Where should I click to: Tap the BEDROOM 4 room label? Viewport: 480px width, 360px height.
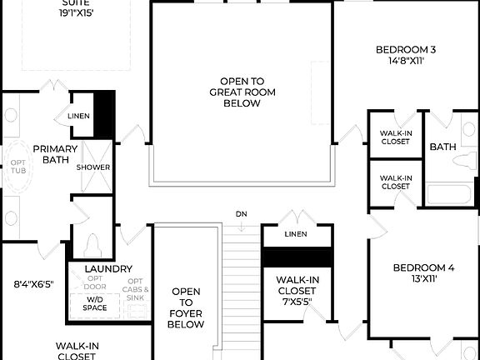tap(423, 267)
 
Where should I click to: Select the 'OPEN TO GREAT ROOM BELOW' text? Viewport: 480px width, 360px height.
tap(241, 92)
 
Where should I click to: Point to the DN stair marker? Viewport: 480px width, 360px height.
tap(241, 214)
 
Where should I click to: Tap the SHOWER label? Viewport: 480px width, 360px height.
tap(93, 167)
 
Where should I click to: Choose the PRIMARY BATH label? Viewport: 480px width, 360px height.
tap(55, 155)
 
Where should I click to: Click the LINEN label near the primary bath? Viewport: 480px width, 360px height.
tap(78, 117)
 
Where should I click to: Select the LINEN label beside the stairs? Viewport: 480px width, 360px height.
tap(295, 235)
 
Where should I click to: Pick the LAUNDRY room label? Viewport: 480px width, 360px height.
tap(108, 268)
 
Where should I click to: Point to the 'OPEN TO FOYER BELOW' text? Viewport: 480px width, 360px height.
tap(186, 307)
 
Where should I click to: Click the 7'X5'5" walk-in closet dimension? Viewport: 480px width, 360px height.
tap(297, 302)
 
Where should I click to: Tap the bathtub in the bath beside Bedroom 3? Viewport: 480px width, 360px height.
tap(448, 195)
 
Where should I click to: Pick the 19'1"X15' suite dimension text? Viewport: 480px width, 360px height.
tap(76, 13)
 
